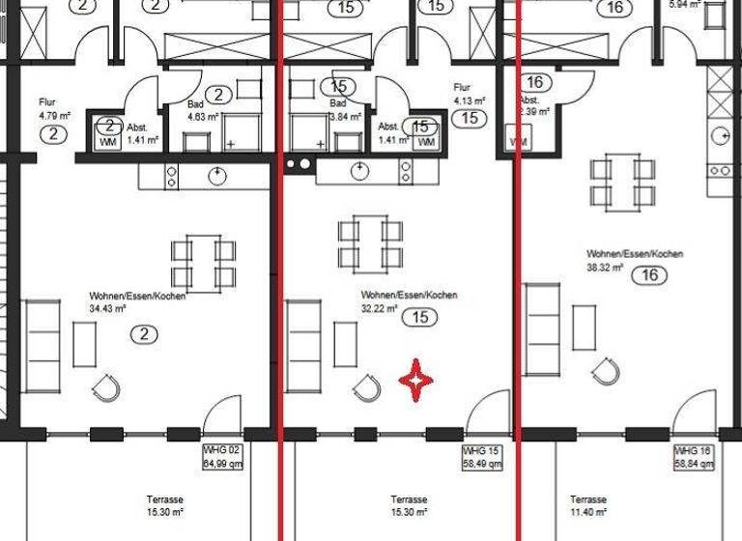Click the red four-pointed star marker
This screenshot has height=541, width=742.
click(415, 383)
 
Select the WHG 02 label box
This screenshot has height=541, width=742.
click(220, 457)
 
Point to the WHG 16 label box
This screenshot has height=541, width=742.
click(695, 458)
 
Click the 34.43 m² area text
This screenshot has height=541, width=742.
click(107, 310)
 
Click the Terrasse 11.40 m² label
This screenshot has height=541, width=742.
click(587, 505)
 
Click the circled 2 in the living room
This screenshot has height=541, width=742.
click(143, 334)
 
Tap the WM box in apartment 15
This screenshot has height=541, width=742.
click(426, 142)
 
